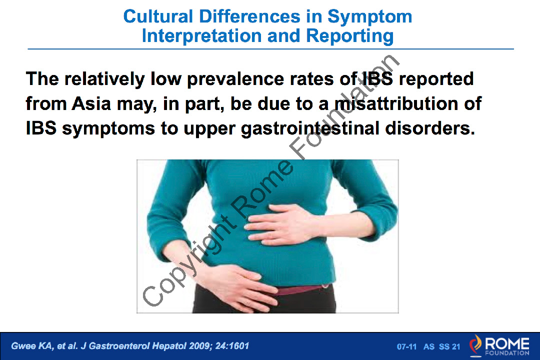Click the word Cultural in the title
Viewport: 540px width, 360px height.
(x=158, y=16)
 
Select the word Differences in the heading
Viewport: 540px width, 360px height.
(x=249, y=16)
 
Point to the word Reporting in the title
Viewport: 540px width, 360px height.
(x=350, y=36)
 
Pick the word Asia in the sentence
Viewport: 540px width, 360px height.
(x=91, y=103)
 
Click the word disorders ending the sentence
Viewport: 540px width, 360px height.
(x=430, y=128)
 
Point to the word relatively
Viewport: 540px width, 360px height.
(x=104, y=79)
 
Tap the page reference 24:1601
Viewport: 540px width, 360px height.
(x=232, y=346)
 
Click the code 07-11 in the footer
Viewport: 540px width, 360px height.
(x=406, y=346)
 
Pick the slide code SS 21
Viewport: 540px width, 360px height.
(x=449, y=346)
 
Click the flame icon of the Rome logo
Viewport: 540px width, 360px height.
(x=475, y=344)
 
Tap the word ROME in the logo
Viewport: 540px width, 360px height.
(x=507, y=343)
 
